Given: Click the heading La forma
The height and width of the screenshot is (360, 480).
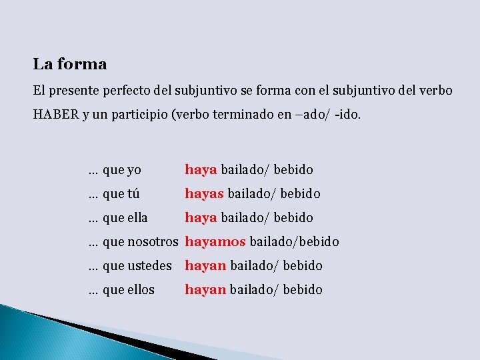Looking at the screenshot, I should coord(70,65).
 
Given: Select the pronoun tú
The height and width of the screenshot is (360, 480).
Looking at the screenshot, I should coord(133,194).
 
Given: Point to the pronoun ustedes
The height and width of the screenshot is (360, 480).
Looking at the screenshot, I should coord(150,266).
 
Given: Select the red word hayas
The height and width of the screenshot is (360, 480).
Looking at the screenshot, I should coord(205,194).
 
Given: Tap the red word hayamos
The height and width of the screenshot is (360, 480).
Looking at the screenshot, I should coord(215,242).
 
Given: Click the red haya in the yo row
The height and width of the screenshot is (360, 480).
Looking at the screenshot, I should coord(201,170).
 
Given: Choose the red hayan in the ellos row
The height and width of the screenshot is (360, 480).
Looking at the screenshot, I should coord(205,290).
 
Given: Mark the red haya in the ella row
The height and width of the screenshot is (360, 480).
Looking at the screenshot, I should coord(201,218).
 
